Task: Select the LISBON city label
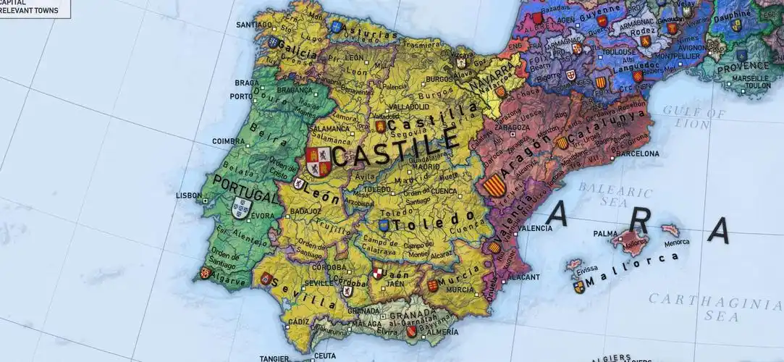pyautogui.click(x=189, y=195)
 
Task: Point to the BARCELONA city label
pyautogui.click(x=637, y=153)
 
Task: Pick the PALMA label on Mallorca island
pyautogui.click(x=605, y=233)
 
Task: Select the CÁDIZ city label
pyautogui.click(x=298, y=321)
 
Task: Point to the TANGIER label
pyautogui.click(x=276, y=358)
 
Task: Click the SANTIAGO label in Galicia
pyautogui.click(x=253, y=25)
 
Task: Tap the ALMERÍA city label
pyautogui.click(x=437, y=332)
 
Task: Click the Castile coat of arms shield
pyautogui.click(x=319, y=162)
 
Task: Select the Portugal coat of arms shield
pyautogui.click(x=241, y=209)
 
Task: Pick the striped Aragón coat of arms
pyautogui.click(x=494, y=183)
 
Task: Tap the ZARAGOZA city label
pyautogui.click(x=512, y=127)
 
